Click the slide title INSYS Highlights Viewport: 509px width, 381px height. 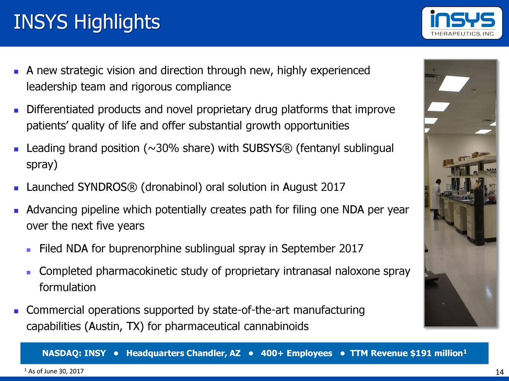click(x=87, y=22)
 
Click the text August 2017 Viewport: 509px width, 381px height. click(x=314, y=187)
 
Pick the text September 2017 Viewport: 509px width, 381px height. click(x=322, y=249)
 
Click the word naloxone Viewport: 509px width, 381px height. click(x=358, y=271)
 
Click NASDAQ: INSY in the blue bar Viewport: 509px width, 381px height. click(x=74, y=353)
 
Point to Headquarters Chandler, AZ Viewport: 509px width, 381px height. click(x=183, y=353)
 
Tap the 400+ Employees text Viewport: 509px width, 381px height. click(x=296, y=353)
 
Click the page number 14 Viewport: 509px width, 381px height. click(x=499, y=372)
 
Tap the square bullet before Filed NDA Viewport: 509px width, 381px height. click(x=28, y=250)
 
